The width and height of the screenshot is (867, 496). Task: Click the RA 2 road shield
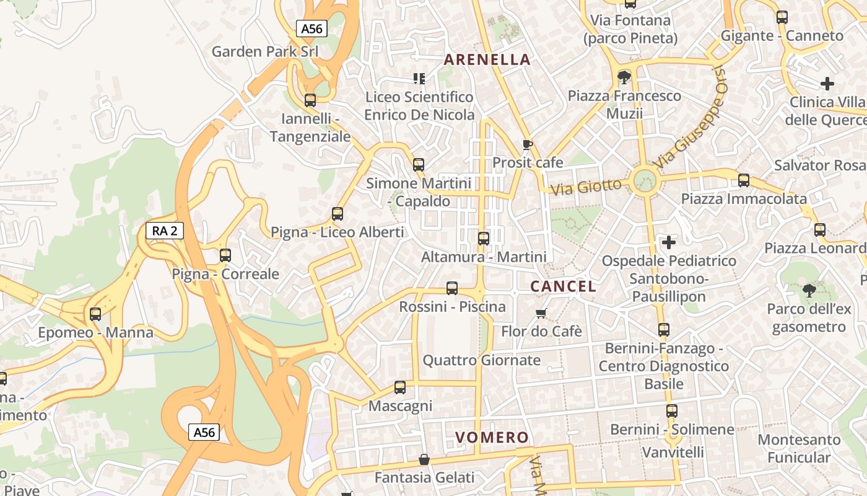pyautogui.click(x=165, y=231)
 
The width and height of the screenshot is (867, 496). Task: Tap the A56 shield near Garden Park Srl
pyautogui.click(x=312, y=29)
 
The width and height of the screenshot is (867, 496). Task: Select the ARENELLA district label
pyautogui.click(x=487, y=60)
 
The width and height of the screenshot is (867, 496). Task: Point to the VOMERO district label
pyautogui.click(x=492, y=437)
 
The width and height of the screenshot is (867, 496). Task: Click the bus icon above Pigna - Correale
pyautogui.click(x=225, y=255)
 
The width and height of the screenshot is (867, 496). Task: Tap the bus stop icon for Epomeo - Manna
pyautogui.click(x=95, y=314)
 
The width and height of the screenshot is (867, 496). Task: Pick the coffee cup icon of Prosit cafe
pyautogui.click(x=527, y=144)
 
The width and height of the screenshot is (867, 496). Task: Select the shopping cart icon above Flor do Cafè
pyautogui.click(x=541, y=313)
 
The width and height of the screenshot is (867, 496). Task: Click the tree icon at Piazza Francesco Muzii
pyautogui.click(x=624, y=77)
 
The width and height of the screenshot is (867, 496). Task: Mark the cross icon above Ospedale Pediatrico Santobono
pyautogui.click(x=669, y=242)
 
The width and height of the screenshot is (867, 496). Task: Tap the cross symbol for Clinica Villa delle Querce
pyautogui.click(x=827, y=83)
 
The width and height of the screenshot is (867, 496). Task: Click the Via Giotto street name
pyautogui.click(x=586, y=186)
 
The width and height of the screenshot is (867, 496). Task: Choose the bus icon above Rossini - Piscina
pyautogui.click(x=452, y=288)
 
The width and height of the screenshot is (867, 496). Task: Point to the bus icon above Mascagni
pyautogui.click(x=400, y=387)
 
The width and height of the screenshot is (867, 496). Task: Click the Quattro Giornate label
pyautogui.click(x=481, y=360)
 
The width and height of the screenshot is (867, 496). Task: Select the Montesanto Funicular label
pyautogui.click(x=799, y=448)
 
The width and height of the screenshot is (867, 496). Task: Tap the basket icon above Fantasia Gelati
pyautogui.click(x=424, y=459)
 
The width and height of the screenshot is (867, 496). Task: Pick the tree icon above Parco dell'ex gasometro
pyautogui.click(x=808, y=290)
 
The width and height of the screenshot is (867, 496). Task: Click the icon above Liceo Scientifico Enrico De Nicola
pyautogui.click(x=419, y=78)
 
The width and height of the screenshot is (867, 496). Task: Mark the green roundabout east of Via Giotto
pyautogui.click(x=645, y=180)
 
